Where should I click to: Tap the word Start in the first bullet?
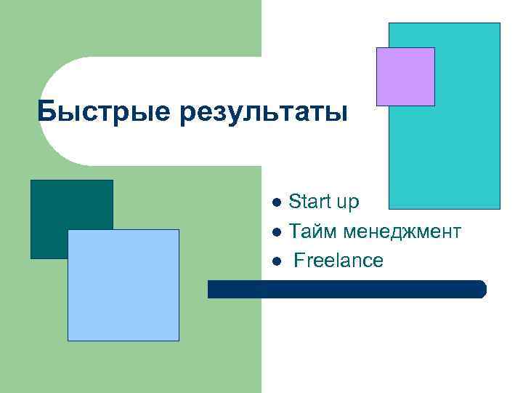pos(309,202)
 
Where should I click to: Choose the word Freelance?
pos(338,261)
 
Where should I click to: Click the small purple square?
pos(405,76)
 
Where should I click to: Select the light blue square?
pos(123,285)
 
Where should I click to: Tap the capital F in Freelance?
pos(299,261)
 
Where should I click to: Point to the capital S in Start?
pos(294,202)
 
